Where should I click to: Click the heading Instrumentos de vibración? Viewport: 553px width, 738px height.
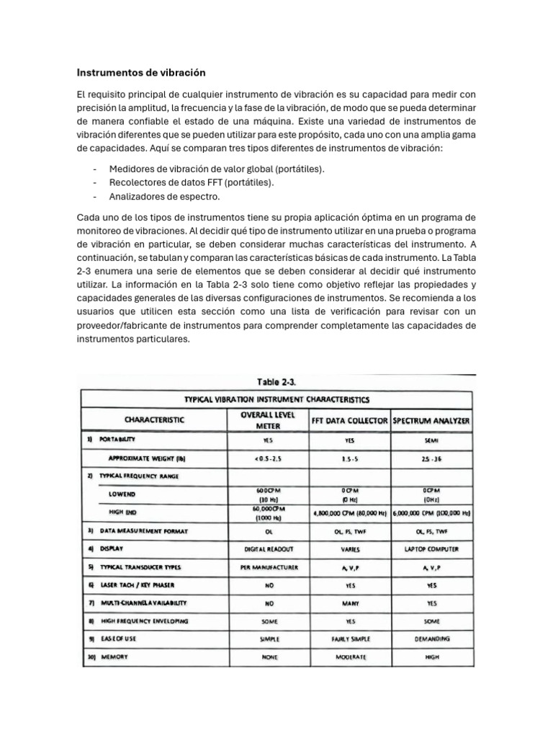tap(141, 73)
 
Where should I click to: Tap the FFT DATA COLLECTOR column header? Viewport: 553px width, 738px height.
tap(349, 419)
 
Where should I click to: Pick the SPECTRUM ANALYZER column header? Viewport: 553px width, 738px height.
tap(431, 419)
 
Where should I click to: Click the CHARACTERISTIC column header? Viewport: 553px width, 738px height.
tap(154, 419)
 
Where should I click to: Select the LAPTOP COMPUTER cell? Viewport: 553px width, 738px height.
tap(432, 548)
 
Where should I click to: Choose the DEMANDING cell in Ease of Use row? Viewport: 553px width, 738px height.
tap(432, 639)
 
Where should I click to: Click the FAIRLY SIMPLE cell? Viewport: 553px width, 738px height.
tap(350, 639)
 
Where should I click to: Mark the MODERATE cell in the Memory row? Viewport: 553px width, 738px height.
tap(350, 657)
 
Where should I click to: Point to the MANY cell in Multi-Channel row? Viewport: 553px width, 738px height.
tap(350, 603)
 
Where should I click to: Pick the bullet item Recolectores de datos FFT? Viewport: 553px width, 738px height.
tap(191, 182)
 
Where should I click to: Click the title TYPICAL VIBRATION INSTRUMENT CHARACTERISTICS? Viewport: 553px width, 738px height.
tap(276, 399)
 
